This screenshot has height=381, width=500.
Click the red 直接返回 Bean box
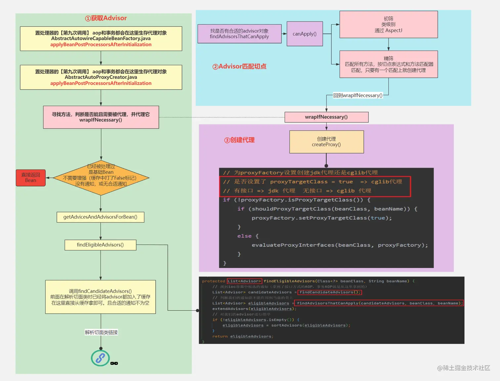[31, 178]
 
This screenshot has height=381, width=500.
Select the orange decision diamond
[101, 178]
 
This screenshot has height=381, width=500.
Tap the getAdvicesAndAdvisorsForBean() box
[100, 217]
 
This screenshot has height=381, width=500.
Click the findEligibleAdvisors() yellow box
[100, 245]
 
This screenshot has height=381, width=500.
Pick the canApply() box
[305, 34]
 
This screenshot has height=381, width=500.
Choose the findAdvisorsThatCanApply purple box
[239, 34]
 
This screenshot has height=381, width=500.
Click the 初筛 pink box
[389, 24]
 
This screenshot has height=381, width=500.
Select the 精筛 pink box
[389, 64]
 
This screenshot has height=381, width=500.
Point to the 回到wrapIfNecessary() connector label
[358, 95]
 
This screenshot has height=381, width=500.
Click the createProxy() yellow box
[326, 142]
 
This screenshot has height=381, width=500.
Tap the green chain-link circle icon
[100, 358]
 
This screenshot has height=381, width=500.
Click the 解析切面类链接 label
[101, 332]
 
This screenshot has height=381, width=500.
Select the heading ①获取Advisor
[106, 18]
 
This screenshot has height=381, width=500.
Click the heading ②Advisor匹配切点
[239, 66]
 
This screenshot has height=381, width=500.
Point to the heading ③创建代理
[239, 140]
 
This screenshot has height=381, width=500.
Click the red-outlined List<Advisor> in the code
[244, 281]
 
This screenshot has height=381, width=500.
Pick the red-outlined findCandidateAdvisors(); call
[330, 292]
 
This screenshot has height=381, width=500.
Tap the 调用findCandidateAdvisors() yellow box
[100, 297]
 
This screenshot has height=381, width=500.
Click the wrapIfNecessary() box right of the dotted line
[326, 117]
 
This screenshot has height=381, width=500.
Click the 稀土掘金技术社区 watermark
[464, 368]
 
